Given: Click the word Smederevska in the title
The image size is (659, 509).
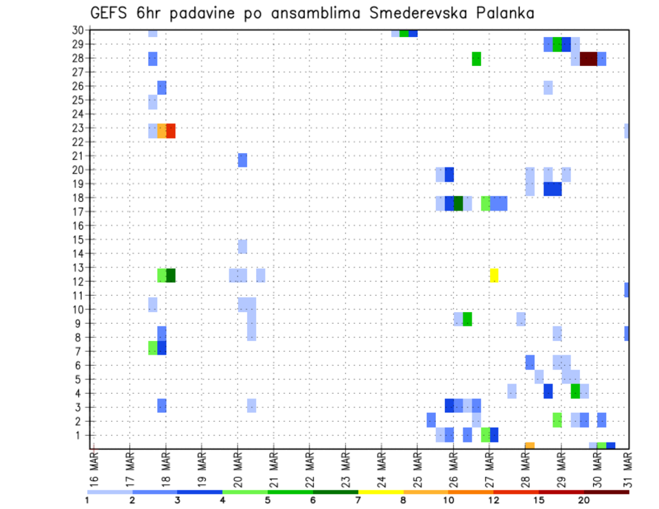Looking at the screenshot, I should coord(413,13).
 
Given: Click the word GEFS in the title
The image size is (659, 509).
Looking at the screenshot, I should coord(113,13).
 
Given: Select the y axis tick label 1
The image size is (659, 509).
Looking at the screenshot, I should coord(80,435).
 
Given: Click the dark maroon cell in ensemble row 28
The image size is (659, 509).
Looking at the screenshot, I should coord(588,58).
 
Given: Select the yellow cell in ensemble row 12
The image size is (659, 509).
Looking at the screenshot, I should coord(494,275).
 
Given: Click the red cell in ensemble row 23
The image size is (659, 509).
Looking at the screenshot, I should coord(171,130).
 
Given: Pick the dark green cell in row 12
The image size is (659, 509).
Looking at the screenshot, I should coord(171,275).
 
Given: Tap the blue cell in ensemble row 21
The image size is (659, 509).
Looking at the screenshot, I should coord(242,160).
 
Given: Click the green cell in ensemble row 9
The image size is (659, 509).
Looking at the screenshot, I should coord(467,319).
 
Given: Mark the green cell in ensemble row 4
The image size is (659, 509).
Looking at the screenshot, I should coord(575,391).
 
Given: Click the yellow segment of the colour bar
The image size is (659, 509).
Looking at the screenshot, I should coord(381,492).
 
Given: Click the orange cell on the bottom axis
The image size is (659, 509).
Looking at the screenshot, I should coord(530,446).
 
